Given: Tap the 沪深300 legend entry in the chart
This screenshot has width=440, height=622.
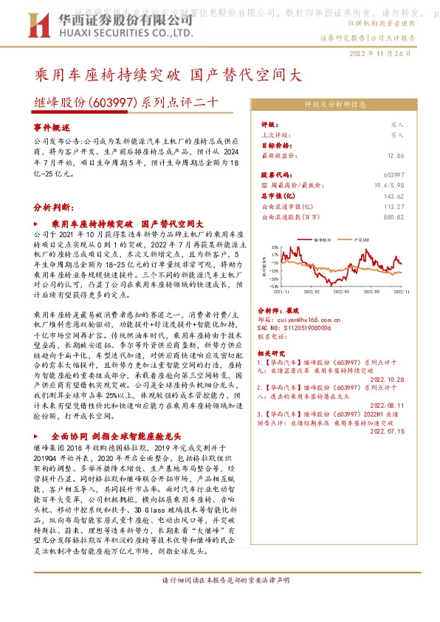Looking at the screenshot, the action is (362, 240).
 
